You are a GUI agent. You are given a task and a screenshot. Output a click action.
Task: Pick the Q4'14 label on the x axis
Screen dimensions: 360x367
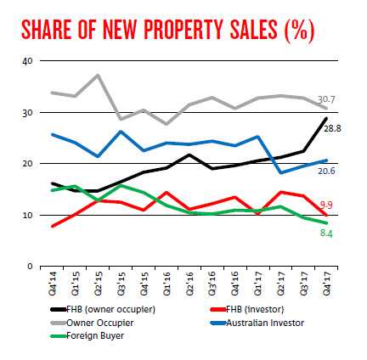53,282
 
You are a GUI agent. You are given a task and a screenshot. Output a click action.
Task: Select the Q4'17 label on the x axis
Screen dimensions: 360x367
327,282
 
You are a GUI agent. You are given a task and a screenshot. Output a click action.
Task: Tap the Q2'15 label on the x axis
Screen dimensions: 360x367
99,282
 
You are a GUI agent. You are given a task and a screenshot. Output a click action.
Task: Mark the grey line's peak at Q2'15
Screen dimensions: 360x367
99,75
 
